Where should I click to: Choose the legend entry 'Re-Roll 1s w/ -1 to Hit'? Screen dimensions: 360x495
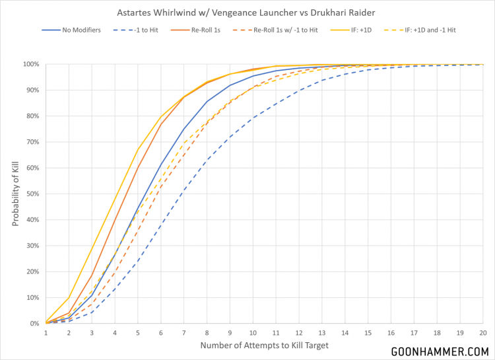[295, 30]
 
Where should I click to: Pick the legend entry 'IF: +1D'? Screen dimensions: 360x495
[376, 30]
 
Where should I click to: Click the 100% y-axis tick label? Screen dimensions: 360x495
[30, 64]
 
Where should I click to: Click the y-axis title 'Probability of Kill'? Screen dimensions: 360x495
[15, 194]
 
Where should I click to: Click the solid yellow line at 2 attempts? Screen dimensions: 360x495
[69, 297]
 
